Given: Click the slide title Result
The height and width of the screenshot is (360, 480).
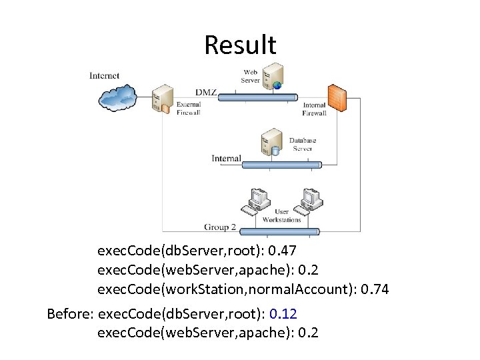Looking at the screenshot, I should pos(240,45).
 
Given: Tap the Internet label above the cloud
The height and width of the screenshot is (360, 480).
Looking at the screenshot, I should pos(105,75).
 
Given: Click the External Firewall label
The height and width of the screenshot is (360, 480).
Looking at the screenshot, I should pos(188,109).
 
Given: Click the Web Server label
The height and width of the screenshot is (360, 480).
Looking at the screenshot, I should pos(251,76).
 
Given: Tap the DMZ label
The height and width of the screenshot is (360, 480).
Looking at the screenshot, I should pos(206,92).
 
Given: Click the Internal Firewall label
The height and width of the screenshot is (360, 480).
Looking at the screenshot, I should pos(315,109).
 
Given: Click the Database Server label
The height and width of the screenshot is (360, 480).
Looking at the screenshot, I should pos(302,145).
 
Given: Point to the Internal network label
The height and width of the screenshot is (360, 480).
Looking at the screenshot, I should pos(226,159).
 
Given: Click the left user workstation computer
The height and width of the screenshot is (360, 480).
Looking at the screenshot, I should pos(257,201).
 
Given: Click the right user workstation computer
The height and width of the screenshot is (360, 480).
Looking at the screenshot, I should pos(310,200).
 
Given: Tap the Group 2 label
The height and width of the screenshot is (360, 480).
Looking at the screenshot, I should pos(220,227).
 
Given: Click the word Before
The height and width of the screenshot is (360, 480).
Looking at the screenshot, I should pos(70,313).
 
